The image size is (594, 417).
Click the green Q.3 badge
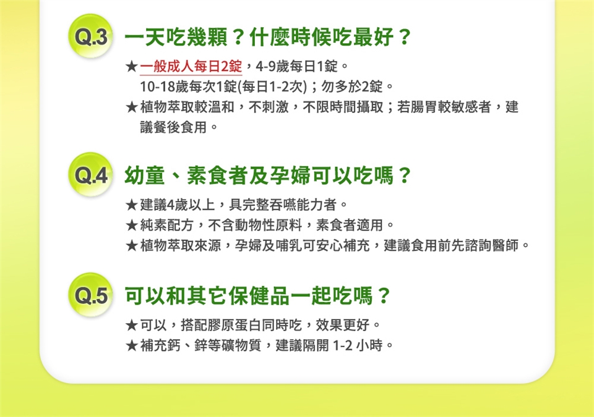[x=90, y=36]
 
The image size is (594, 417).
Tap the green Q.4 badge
[x=90, y=174]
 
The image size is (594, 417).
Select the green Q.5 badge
[x=90, y=295]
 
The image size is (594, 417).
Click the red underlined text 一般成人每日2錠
[x=191, y=67]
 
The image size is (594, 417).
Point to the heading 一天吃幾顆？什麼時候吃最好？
[x=267, y=37]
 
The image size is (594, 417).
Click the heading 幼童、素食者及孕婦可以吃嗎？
[x=267, y=175]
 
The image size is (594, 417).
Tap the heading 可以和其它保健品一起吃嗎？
[x=257, y=295]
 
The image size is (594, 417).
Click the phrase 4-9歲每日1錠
[x=296, y=67]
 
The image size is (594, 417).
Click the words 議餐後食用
[x=173, y=127]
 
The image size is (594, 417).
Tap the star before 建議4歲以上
[x=131, y=205]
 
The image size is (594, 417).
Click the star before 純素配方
[x=131, y=225]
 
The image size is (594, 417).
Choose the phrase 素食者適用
[x=350, y=225]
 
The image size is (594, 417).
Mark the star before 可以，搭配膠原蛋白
[x=131, y=325]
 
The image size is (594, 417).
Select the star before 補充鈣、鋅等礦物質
[x=131, y=345]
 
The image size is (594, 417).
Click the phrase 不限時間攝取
[x=343, y=107]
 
